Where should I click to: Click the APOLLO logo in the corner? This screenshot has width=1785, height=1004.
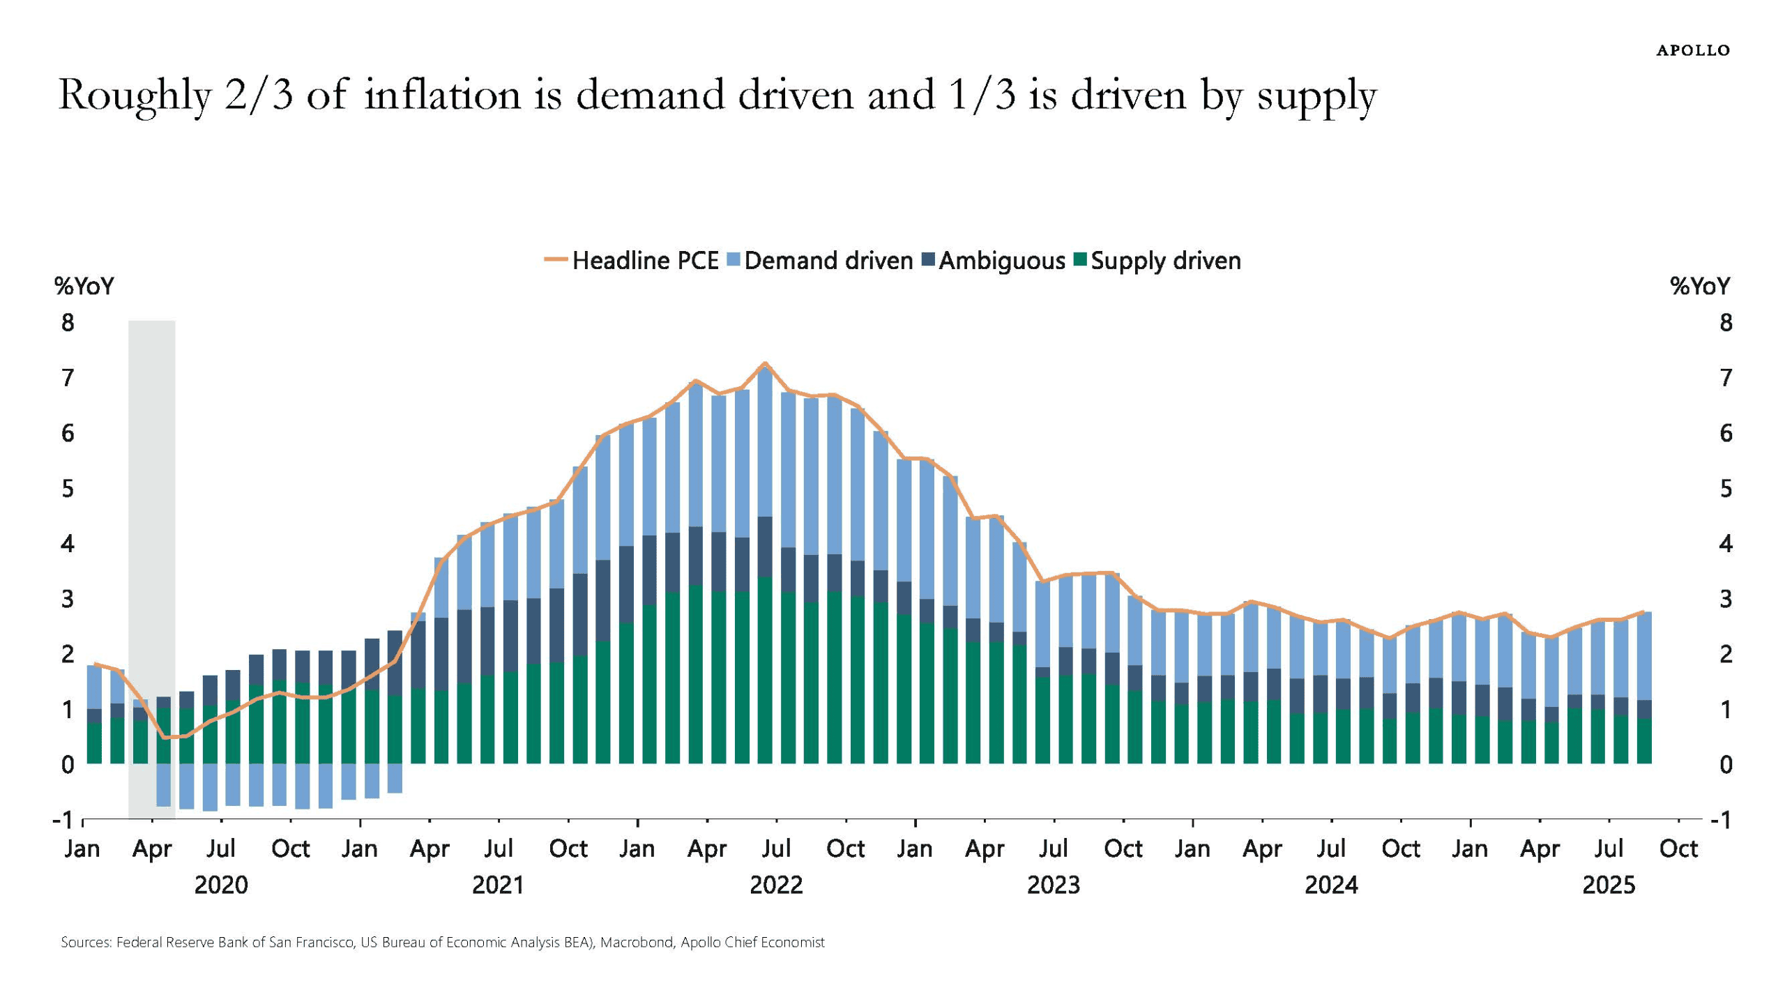click(1692, 50)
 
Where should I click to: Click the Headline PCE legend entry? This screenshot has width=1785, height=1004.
click(632, 261)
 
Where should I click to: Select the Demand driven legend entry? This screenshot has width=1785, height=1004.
click(820, 261)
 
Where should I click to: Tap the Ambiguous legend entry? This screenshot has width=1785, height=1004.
click(994, 261)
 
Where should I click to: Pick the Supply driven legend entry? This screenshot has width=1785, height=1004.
click(1158, 261)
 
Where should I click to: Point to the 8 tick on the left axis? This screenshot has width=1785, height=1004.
click(68, 323)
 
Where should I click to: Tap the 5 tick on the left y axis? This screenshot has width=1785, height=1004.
click(68, 489)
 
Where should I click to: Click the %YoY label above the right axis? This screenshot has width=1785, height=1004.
click(1699, 287)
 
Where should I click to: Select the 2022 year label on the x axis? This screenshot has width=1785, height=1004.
click(775, 885)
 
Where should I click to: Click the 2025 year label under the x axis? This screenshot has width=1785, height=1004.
click(1608, 885)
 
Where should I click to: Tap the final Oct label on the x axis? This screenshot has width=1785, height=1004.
click(1678, 849)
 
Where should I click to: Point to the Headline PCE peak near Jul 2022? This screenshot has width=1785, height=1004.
click(765, 363)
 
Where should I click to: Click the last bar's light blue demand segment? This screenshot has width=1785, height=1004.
click(1643, 655)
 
